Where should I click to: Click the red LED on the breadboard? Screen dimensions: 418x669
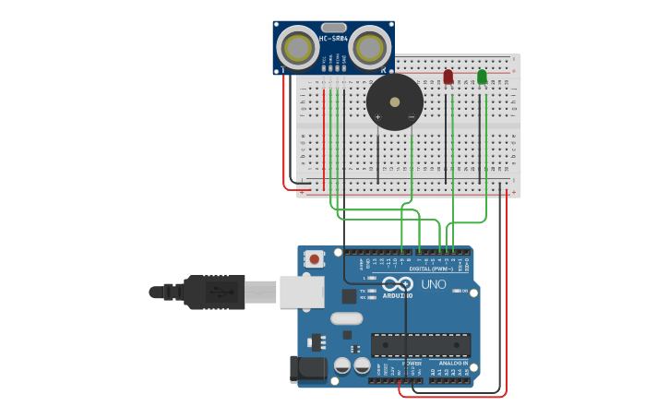448,78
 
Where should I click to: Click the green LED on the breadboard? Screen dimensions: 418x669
482,78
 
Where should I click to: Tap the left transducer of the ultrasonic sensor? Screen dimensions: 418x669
297,47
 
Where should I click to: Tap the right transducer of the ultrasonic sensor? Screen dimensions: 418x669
370,47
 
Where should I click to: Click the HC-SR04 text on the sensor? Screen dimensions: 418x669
333,39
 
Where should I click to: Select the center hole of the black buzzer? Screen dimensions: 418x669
395,102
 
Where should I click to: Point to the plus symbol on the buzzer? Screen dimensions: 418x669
377,117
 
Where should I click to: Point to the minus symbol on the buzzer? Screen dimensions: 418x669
412,117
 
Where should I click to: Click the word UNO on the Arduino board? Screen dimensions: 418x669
434,284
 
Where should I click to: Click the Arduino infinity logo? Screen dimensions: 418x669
398,284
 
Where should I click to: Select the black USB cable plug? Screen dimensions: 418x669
212,292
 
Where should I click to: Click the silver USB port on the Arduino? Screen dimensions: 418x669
301,291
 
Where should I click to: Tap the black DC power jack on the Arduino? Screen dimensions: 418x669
308,368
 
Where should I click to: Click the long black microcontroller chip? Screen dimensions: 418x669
420,344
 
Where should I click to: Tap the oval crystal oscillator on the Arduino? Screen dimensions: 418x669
346,318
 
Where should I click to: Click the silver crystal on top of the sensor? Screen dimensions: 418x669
333,28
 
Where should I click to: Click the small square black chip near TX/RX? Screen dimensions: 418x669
349,296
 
